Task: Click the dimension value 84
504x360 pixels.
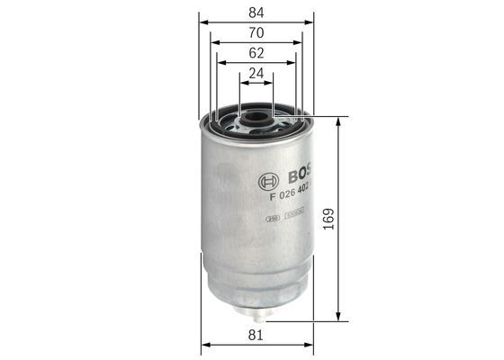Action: click(x=256, y=11)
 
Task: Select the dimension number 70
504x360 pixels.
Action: click(x=256, y=32)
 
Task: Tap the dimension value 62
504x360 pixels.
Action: click(x=256, y=54)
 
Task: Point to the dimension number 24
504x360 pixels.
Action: click(x=256, y=76)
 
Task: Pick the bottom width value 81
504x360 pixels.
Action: click(x=256, y=335)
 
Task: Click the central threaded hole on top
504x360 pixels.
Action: click(x=256, y=115)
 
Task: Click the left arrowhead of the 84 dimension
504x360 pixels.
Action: click(x=203, y=21)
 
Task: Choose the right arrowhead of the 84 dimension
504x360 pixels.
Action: click(x=310, y=21)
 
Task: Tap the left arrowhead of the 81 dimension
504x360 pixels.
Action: click(x=205, y=345)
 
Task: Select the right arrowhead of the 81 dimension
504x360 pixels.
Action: click(x=308, y=345)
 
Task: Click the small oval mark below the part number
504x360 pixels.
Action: click(x=271, y=216)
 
